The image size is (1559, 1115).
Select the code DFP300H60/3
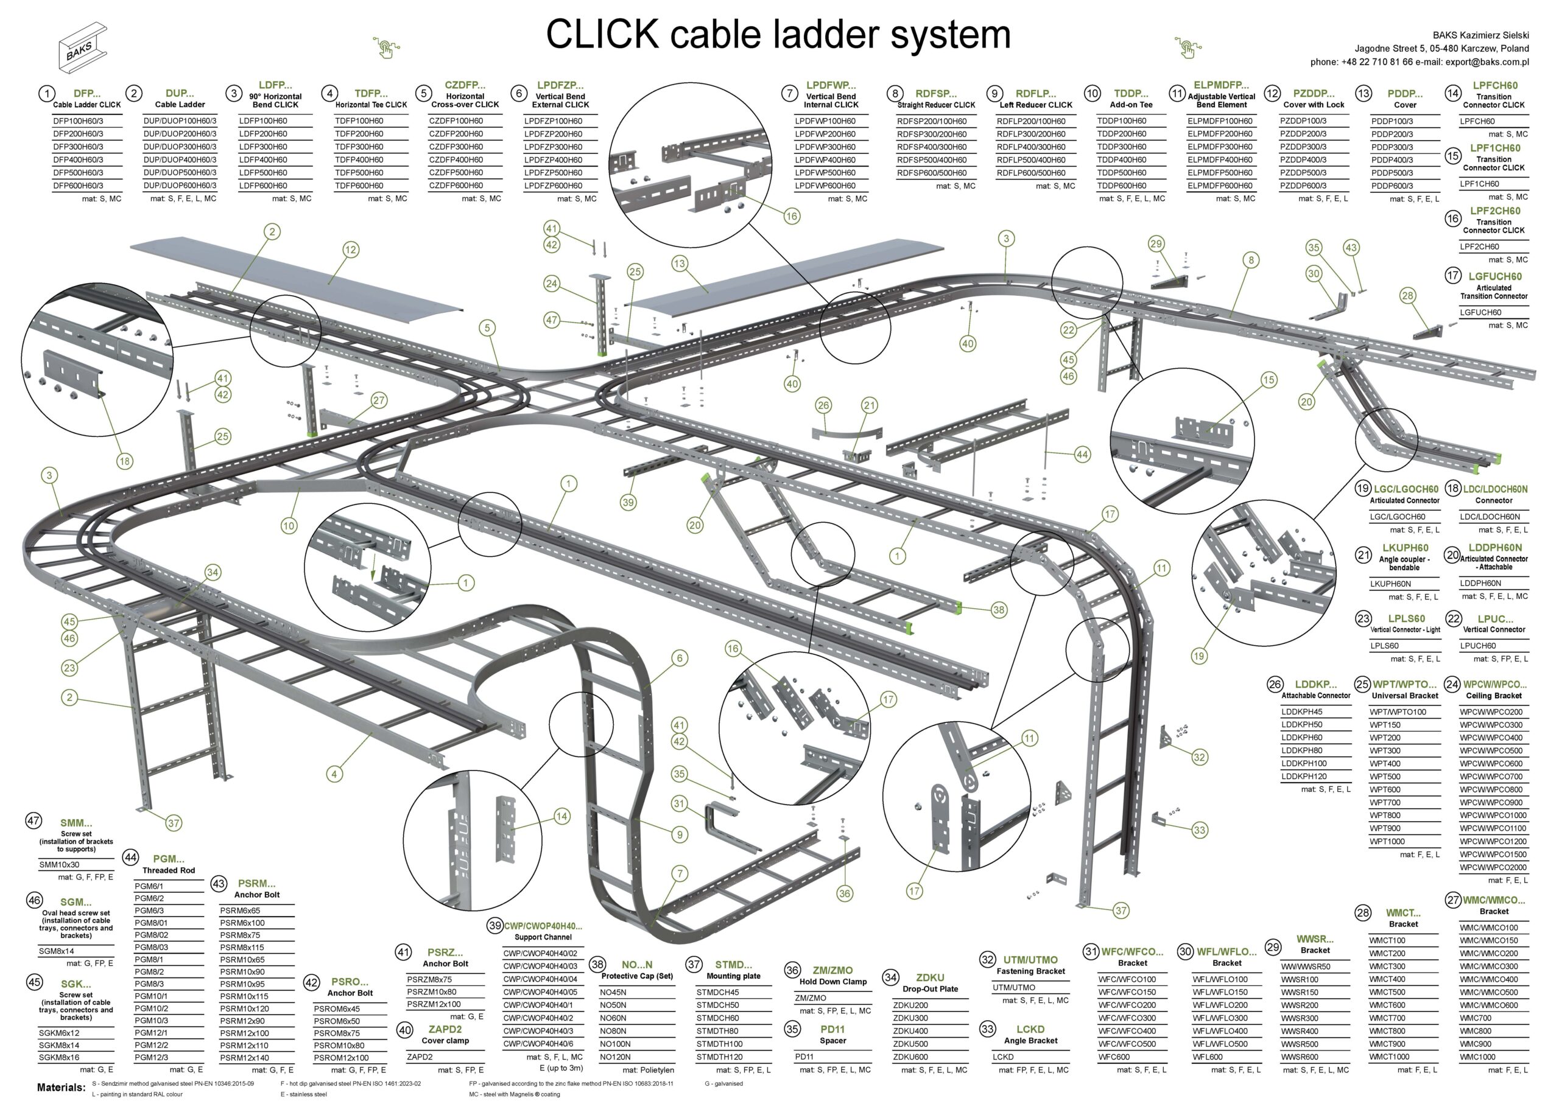79,147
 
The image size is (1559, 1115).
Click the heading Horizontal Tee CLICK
371,105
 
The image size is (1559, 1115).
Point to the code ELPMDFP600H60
1220,186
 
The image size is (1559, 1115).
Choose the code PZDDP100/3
1303,121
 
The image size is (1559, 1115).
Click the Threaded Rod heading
169,870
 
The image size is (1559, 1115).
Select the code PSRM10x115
244,996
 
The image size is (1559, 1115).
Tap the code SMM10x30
59,865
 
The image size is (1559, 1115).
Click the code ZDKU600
910,1057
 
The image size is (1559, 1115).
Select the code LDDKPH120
1303,777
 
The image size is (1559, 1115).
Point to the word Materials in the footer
61,1088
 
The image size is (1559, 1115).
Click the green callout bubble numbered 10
289,526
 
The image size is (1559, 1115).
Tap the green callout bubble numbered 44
1082,455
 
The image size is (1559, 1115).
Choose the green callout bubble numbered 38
999,610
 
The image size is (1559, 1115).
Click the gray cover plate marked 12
295,274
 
